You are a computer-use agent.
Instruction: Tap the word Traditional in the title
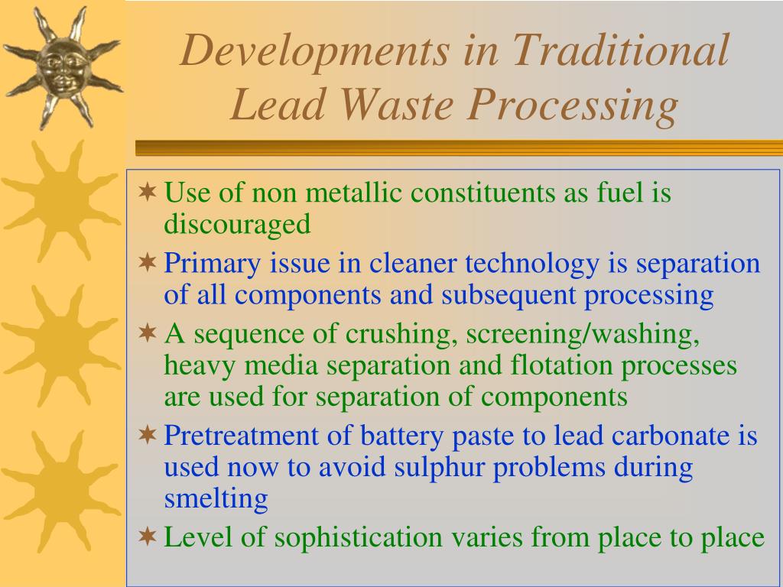tap(620, 50)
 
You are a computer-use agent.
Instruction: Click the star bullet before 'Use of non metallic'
tap(148, 192)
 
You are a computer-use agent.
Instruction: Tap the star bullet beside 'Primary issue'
tap(148, 263)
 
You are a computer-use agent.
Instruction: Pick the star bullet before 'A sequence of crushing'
tap(148, 334)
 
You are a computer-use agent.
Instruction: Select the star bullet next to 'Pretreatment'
tap(148, 436)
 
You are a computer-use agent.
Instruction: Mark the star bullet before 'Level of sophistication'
tap(148, 537)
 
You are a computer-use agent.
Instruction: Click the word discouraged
tap(237, 224)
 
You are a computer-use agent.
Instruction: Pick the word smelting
tap(216, 498)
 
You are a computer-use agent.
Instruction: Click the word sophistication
tap(358, 537)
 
